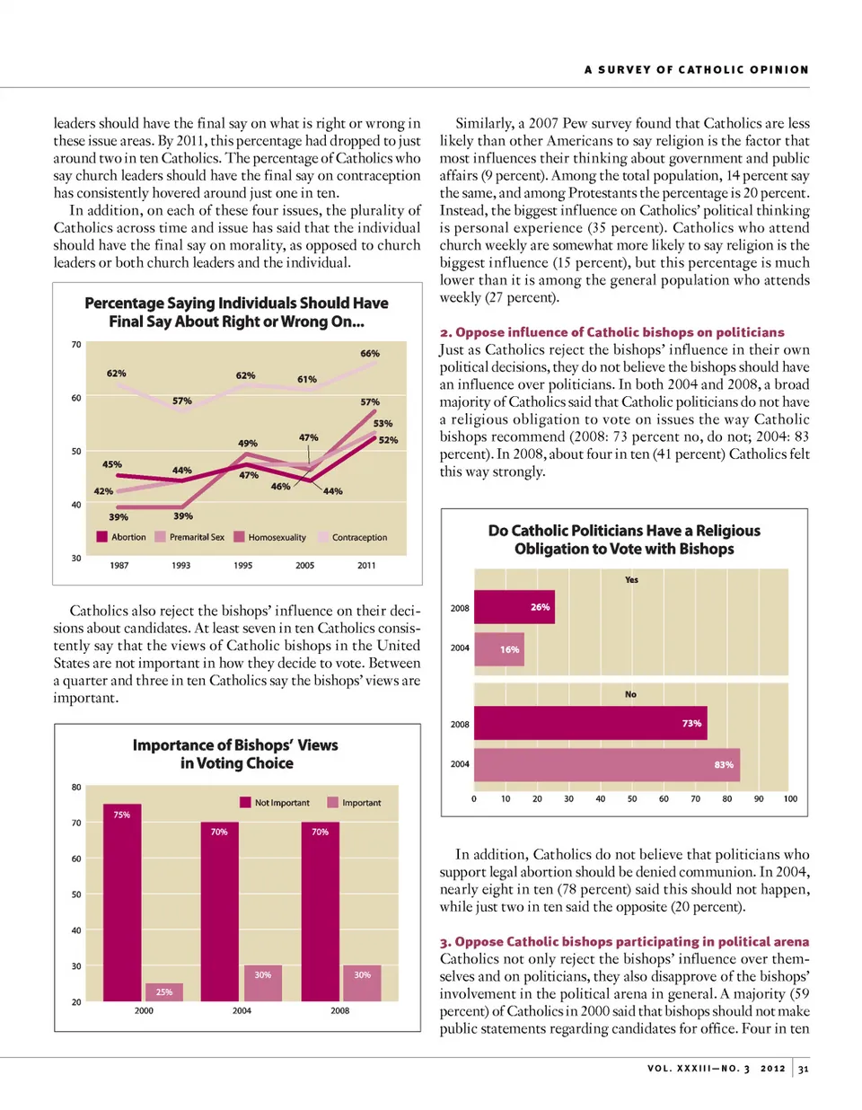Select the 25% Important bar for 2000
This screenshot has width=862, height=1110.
164,992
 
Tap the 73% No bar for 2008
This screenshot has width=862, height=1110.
590,723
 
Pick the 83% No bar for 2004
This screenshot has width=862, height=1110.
607,764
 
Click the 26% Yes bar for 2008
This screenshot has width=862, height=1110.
515,607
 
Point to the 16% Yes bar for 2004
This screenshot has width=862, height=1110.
498,649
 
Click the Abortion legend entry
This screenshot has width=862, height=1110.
121,537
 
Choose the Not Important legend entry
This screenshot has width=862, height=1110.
275,803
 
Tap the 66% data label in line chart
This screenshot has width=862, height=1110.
370,354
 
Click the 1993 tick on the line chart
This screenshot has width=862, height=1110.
181,566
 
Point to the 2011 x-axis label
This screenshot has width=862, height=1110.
366,566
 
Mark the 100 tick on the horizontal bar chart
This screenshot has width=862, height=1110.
790,798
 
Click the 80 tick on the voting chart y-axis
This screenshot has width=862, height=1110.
76,788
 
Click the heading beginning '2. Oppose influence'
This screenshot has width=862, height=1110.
611,332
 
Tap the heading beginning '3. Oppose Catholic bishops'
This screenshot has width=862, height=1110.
624,941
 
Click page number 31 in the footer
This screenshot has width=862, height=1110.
803,1069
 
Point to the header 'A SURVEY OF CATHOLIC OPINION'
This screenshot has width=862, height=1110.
696,70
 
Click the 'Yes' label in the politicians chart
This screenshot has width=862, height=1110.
631,580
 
